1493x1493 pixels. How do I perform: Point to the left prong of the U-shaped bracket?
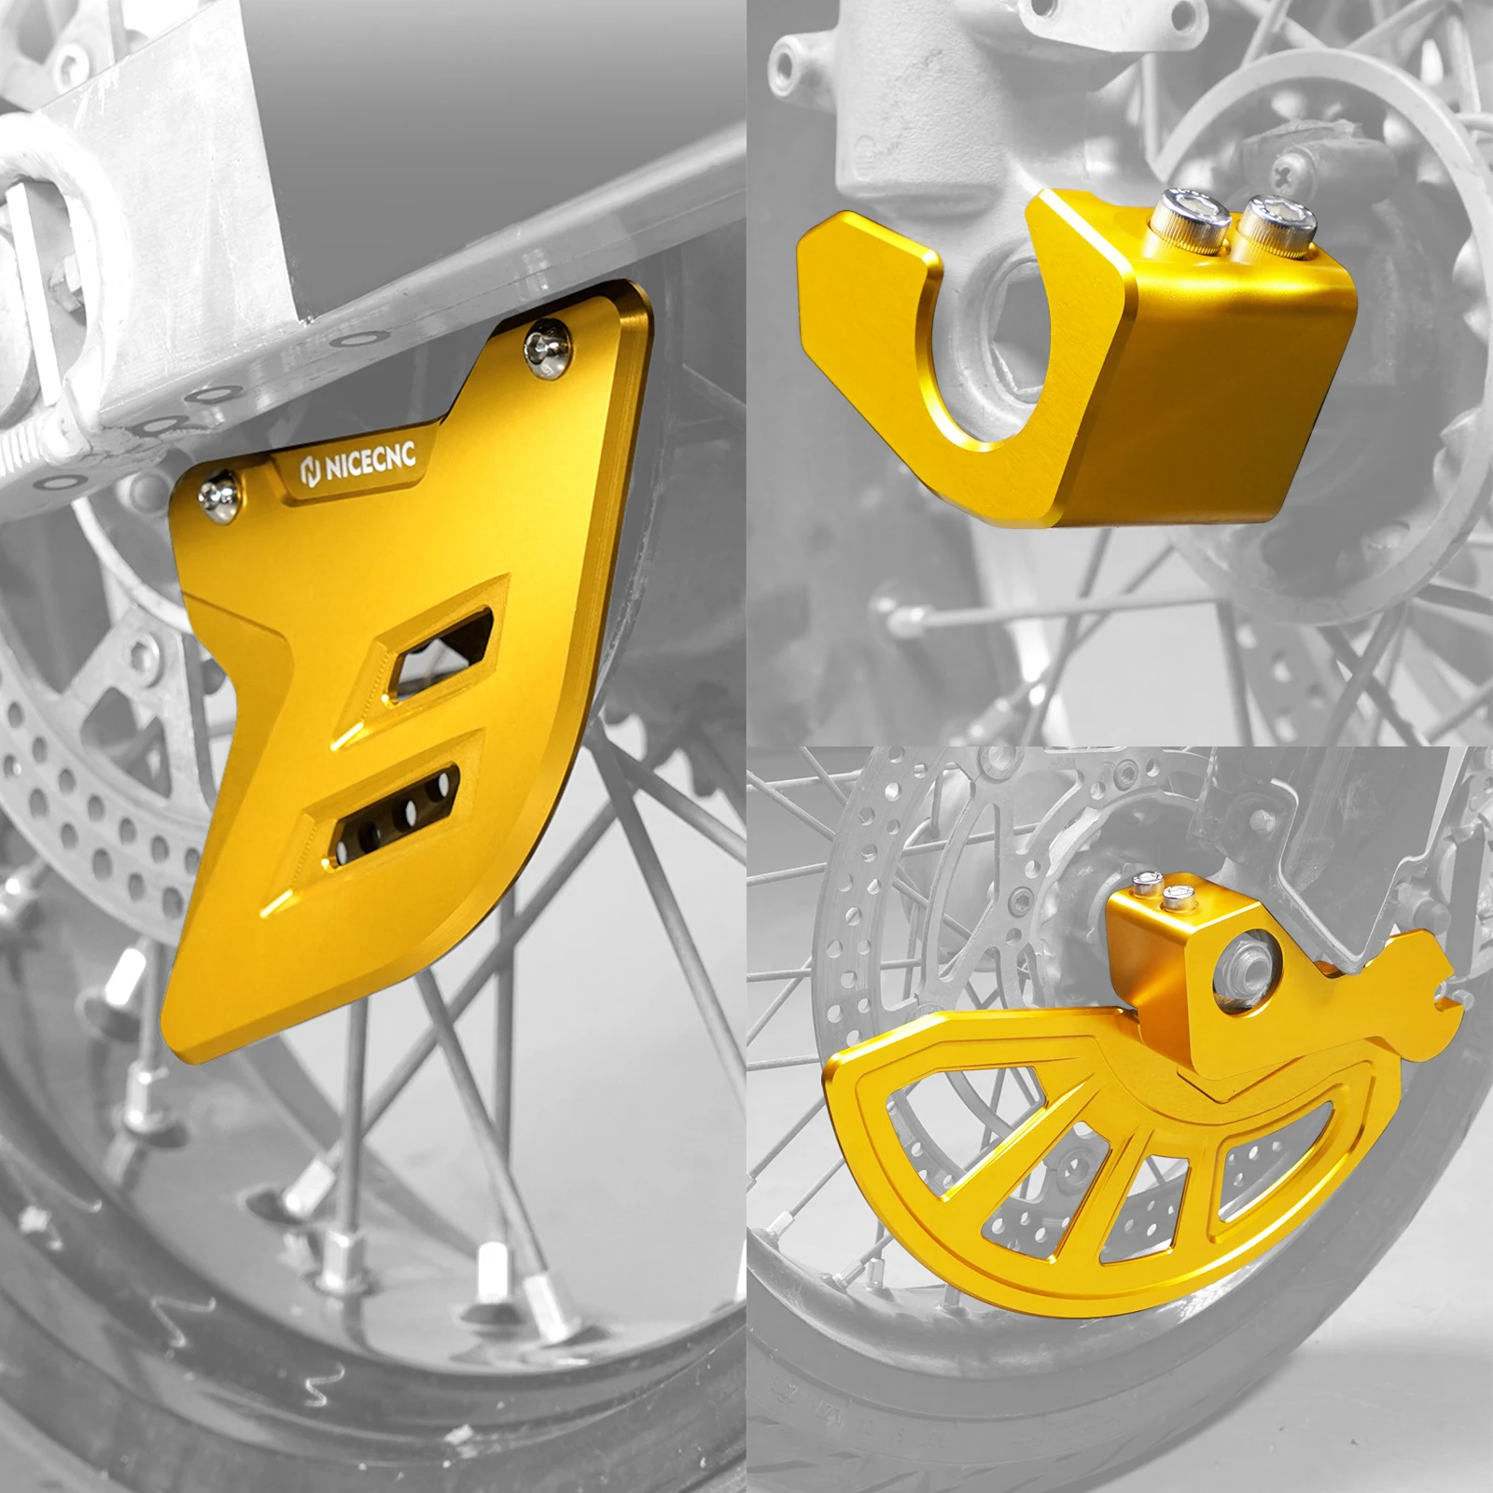tap(868, 308)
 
